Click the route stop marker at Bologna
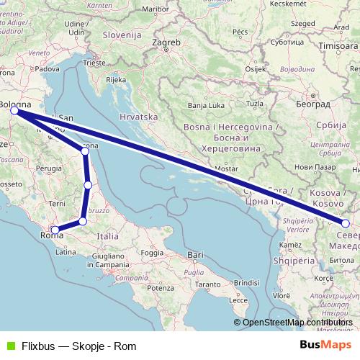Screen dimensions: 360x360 tap(14, 110)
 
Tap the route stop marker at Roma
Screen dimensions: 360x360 tap(55, 230)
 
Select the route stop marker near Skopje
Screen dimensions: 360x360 tap(346, 223)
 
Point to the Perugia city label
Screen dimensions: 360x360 tap(50, 168)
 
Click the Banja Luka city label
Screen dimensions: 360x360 tap(207, 105)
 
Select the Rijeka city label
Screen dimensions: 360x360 tap(117, 80)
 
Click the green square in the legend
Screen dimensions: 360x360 tap(9, 345)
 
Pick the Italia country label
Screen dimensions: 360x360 tap(108, 235)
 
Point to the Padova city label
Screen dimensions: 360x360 tap(48, 69)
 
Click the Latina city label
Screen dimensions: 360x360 tap(66, 252)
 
